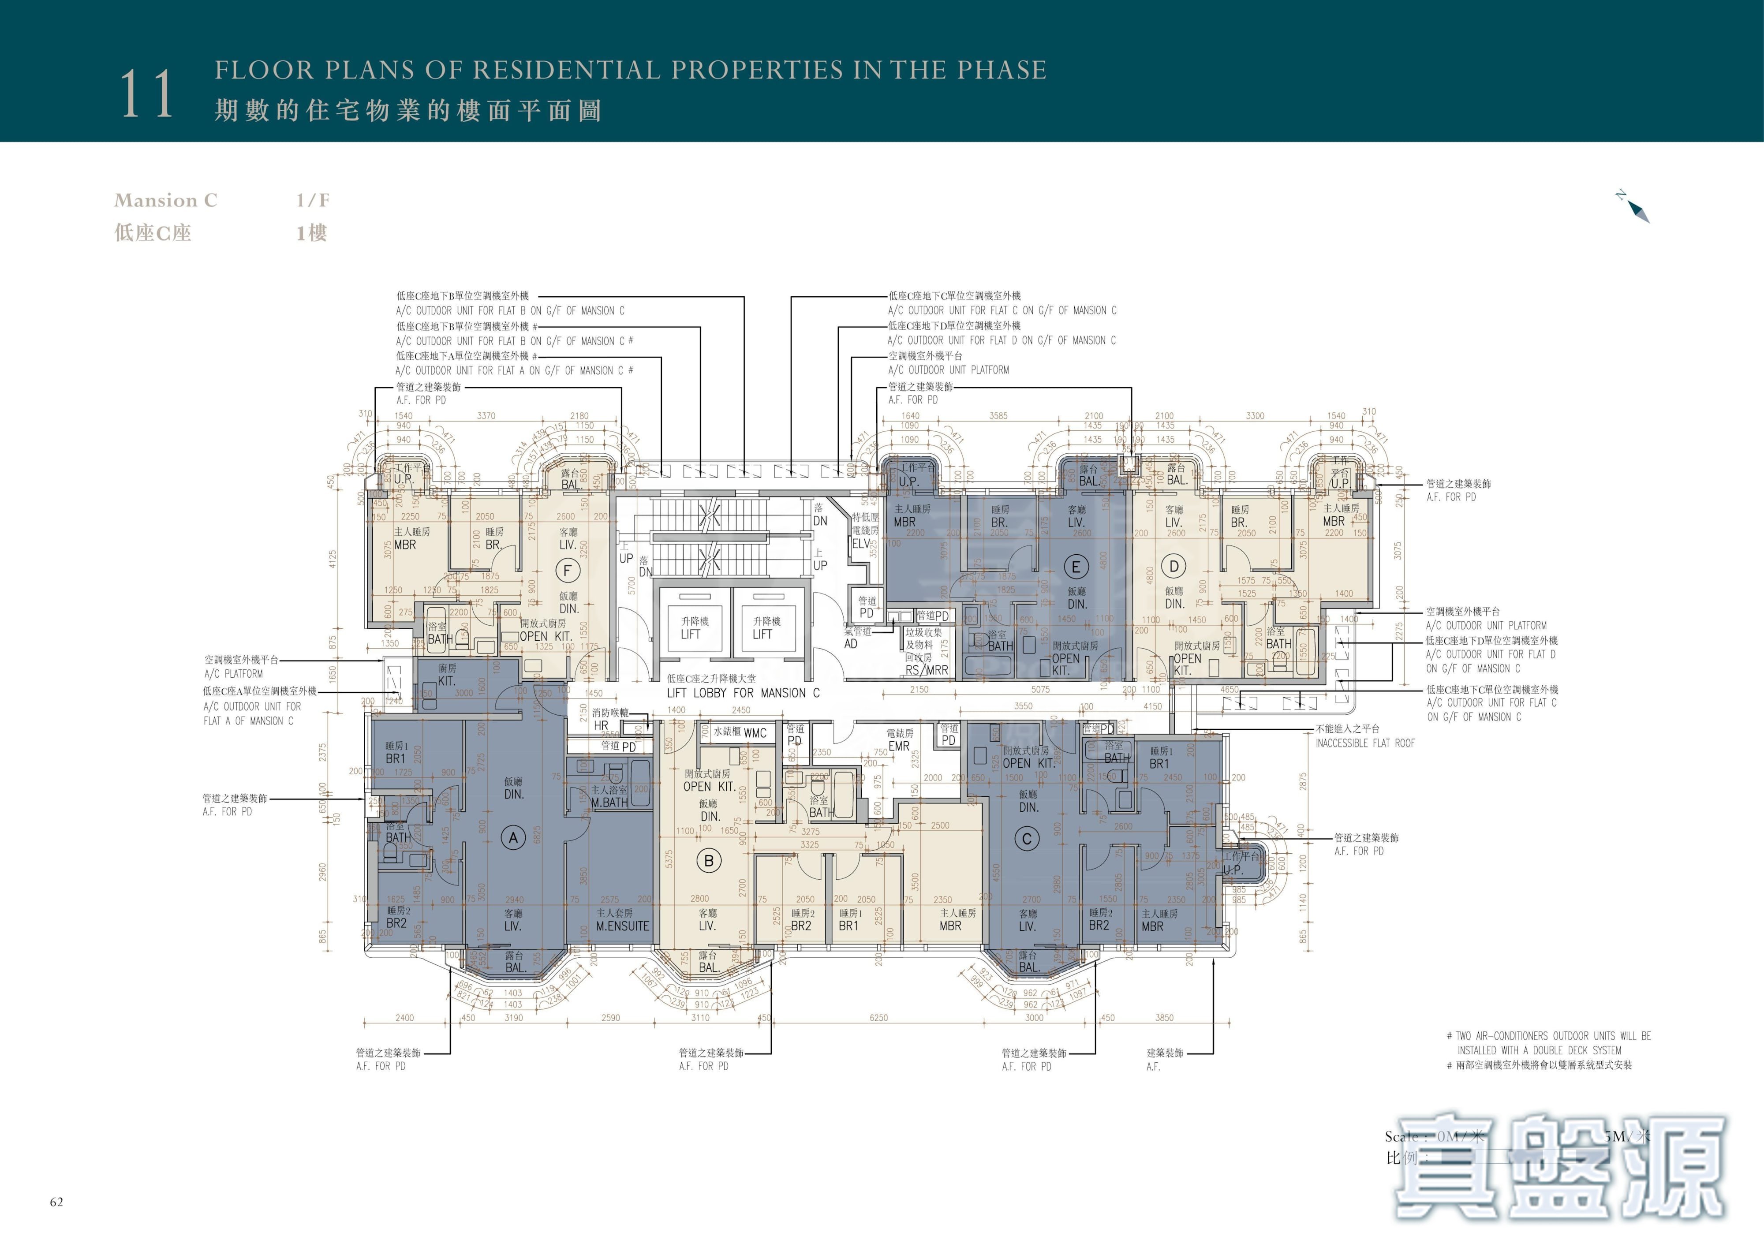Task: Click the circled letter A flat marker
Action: pyautogui.click(x=513, y=838)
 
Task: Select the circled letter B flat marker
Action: pyautogui.click(x=708, y=861)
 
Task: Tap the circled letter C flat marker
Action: pyautogui.click(x=1027, y=839)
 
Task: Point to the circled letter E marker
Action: pyautogui.click(x=1076, y=567)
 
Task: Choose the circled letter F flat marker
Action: pyautogui.click(x=567, y=570)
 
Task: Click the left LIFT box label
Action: pyautogui.click(x=691, y=634)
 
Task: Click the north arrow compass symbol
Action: pyautogui.click(x=1635, y=207)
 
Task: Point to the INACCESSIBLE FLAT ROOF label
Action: pyautogui.click(x=1364, y=743)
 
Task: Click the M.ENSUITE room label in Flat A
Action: pyautogui.click(x=622, y=926)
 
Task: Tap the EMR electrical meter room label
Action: pyautogui.click(x=898, y=746)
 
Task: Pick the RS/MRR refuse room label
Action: pyautogui.click(x=927, y=670)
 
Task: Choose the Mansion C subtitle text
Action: pyautogui.click(x=166, y=201)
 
